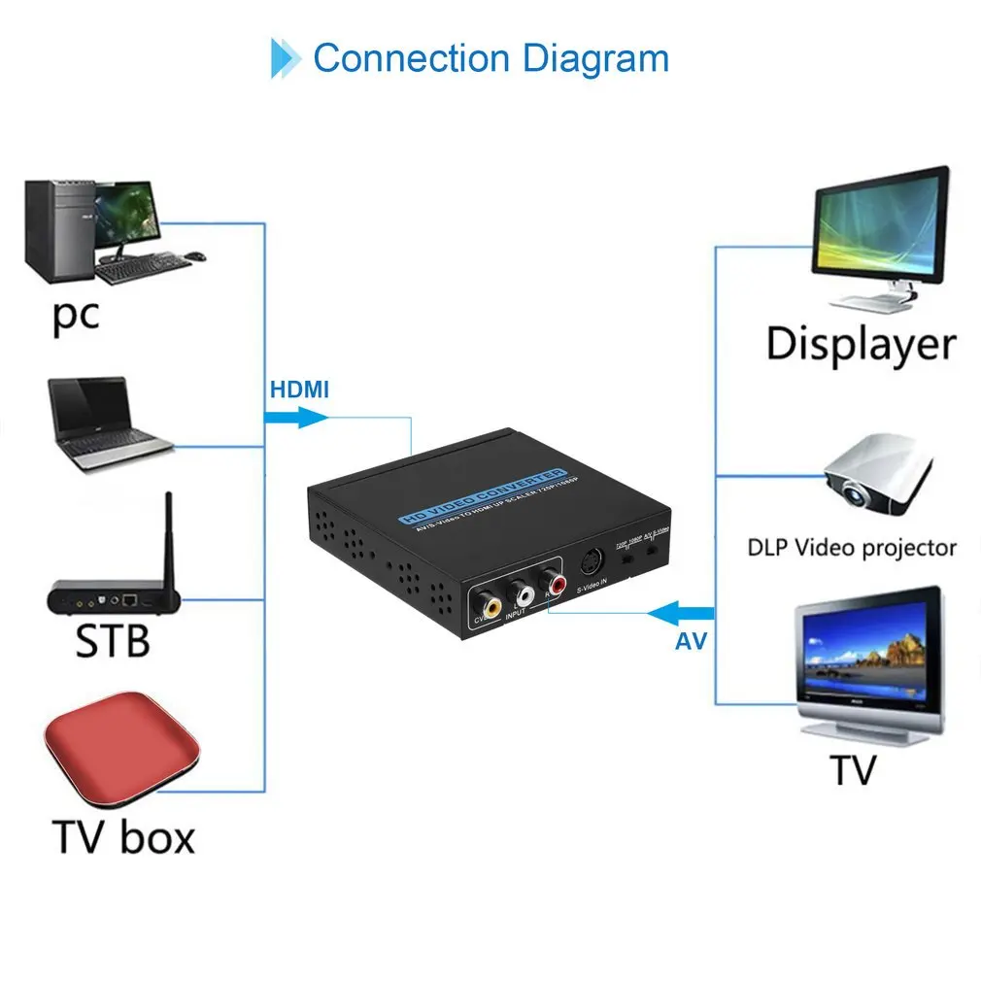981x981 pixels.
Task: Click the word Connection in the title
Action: pos(411,58)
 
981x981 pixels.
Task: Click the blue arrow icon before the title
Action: pos(285,58)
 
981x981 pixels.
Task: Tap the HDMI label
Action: pos(298,390)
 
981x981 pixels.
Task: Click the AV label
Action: pos(691,641)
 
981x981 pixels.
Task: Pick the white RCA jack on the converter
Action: pos(524,592)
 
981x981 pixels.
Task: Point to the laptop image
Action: pos(107,424)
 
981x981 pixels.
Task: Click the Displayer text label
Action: pos(861,345)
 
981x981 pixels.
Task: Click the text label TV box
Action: pos(122,837)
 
